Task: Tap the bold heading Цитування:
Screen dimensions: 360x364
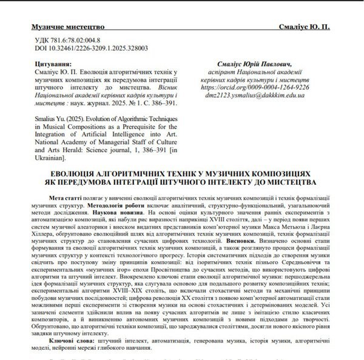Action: pos(52,64)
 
